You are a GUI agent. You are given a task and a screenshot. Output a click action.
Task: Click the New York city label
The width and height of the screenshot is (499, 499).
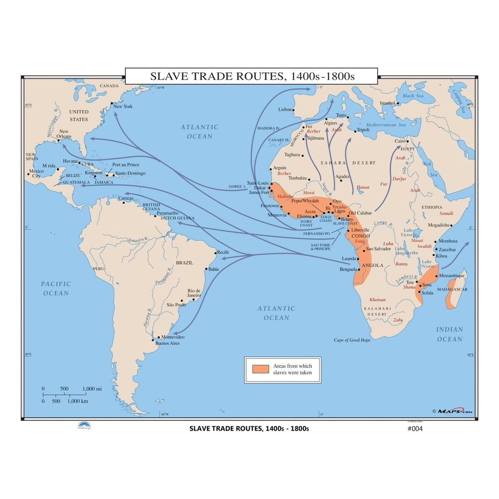123,106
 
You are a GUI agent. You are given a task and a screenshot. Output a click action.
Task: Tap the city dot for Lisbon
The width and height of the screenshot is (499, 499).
294,110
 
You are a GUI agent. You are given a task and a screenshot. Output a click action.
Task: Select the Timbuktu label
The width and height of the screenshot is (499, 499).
297,178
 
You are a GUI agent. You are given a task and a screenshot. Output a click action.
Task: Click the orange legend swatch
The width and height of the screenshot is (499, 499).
261,369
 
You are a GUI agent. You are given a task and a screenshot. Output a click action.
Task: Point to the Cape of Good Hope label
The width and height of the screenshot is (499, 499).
352,340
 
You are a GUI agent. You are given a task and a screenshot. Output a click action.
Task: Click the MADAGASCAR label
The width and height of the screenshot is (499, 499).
452,289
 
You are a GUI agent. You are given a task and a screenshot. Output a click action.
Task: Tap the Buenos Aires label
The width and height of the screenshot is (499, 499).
168,343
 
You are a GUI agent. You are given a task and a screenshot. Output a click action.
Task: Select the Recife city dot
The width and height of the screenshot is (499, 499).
215,253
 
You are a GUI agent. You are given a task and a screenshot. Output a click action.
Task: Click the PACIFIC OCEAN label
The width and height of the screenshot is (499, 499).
56,289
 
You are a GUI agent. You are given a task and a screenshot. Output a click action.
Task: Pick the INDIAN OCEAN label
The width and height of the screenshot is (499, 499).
450,334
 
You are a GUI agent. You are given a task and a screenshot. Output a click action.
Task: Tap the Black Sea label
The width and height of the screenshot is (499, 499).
413,96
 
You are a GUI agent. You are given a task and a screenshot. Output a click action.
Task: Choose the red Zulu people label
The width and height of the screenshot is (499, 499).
398,320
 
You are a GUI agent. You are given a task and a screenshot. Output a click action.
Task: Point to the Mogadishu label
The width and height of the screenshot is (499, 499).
439,225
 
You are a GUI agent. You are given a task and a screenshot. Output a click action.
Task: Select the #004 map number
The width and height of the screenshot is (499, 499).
415,429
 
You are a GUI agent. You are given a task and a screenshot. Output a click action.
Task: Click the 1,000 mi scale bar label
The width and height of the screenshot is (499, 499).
92,389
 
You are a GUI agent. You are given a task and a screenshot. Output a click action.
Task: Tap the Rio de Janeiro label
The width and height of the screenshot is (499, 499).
194,293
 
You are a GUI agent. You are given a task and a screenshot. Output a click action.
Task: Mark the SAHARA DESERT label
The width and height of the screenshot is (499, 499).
348,163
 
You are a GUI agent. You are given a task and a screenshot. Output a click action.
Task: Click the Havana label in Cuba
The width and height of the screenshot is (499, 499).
70,161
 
